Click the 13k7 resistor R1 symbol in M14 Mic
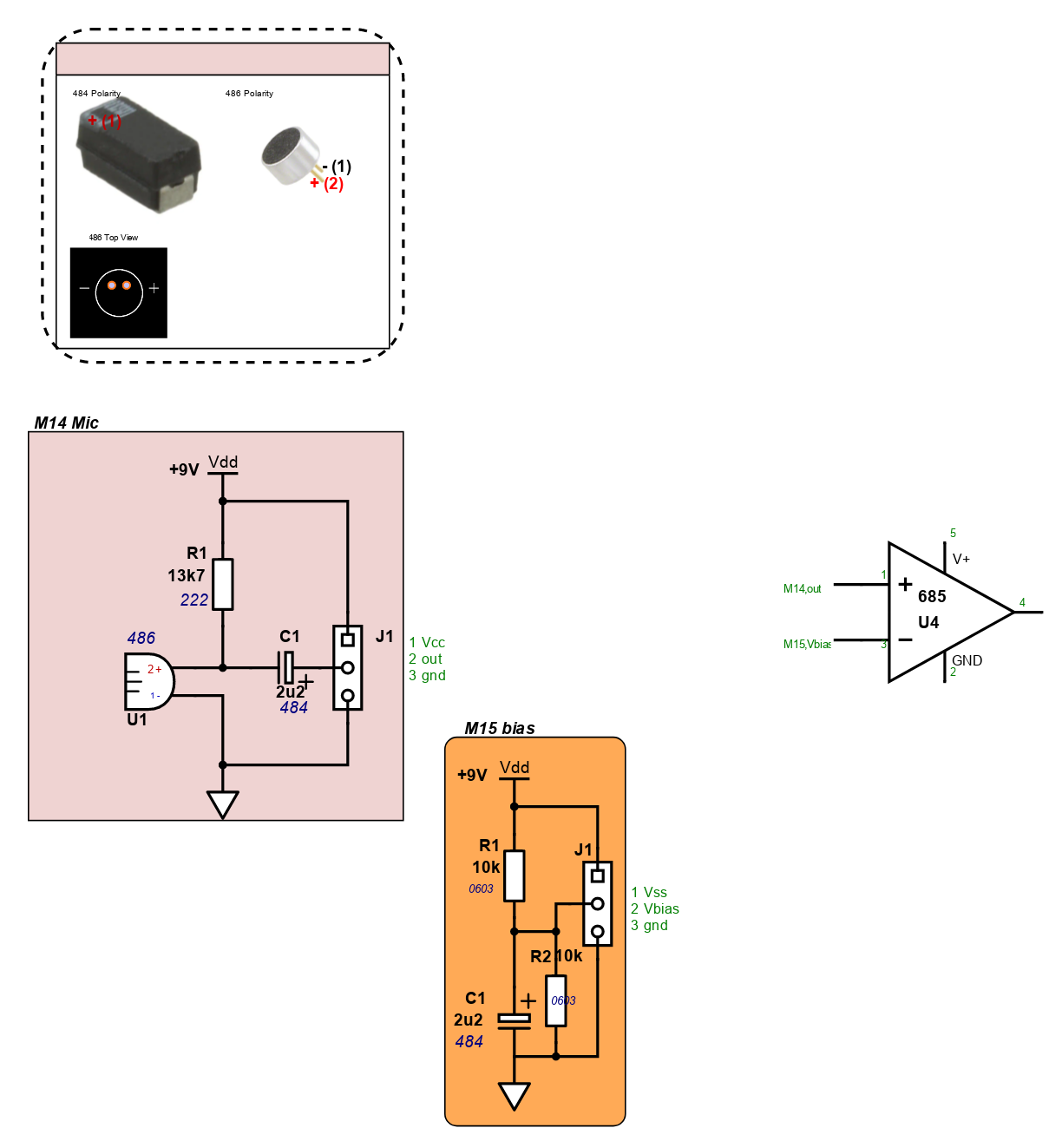point(223,584)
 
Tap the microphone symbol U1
point(148,681)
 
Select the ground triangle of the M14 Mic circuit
point(223,804)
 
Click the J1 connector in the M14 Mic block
point(348,667)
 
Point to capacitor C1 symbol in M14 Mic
point(287,667)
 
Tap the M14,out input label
point(802,588)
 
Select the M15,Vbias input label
point(807,644)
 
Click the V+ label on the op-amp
point(961,559)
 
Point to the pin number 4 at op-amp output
point(1022,602)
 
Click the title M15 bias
point(500,728)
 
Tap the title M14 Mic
point(66,423)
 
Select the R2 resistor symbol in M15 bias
point(556,1000)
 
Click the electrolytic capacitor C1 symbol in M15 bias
point(515,1020)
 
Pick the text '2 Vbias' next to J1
point(655,908)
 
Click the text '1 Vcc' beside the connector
point(427,642)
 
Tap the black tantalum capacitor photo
point(139,154)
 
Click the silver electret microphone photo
point(290,157)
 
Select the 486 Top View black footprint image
point(119,293)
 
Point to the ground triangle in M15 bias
point(515,1095)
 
